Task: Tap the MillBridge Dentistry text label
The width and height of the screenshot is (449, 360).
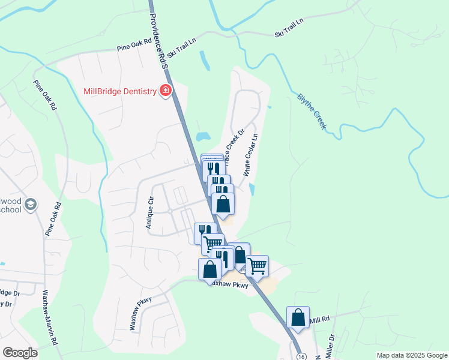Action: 119,91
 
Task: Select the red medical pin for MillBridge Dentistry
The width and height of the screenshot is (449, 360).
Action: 166,91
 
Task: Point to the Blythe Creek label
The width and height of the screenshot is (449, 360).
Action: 311,111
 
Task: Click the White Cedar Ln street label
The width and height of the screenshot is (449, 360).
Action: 251,155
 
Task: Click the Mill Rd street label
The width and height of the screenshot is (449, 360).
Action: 320,321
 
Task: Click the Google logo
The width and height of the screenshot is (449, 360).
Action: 20,353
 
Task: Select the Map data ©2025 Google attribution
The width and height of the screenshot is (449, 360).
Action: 411,355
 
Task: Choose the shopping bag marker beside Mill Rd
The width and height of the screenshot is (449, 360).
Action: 298,317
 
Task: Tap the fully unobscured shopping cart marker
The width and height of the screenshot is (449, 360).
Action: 257,265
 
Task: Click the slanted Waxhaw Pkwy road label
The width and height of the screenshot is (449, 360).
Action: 139,313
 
